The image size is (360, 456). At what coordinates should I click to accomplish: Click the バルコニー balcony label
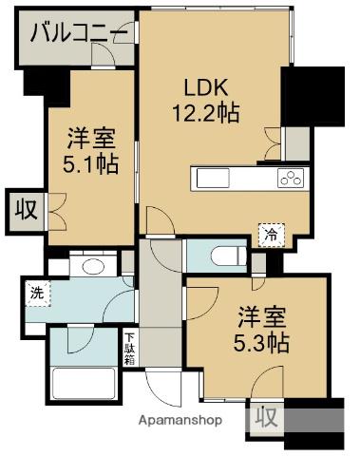pyautogui.click(x=79, y=35)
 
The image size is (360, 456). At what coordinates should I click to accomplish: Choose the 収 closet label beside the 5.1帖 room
pyautogui.click(x=25, y=209)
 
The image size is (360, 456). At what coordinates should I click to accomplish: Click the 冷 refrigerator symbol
pyautogui.click(x=272, y=233)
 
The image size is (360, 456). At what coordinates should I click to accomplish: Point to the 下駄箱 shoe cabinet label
pyautogui.click(x=130, y=348)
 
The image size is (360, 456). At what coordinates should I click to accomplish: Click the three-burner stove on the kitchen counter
pyautogui.click(x=292, y=178)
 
